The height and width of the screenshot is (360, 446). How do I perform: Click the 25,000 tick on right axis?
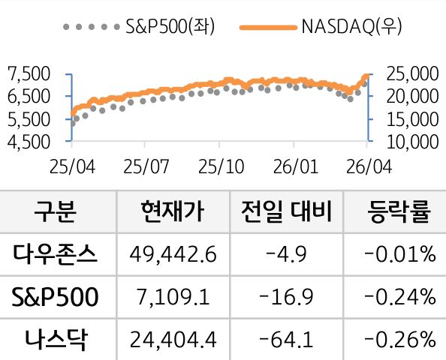[x=410, y=73]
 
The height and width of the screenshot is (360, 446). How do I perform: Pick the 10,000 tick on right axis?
[x=410, y=140]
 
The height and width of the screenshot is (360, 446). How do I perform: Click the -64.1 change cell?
[x=286, y=340]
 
